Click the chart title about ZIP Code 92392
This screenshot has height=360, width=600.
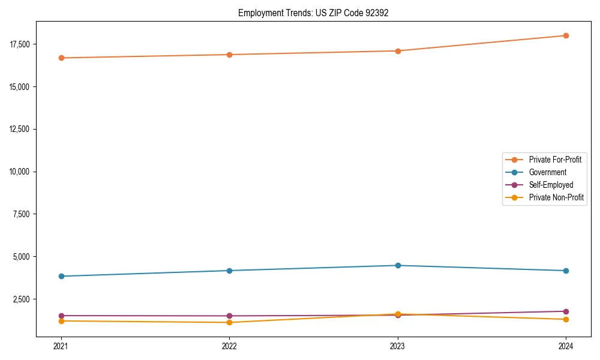313,13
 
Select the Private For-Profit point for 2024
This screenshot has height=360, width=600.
566,35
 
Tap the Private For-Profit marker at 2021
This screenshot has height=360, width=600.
61,58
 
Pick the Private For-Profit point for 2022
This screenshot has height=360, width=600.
229,55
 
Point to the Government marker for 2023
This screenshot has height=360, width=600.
398,265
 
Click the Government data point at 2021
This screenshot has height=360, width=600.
61,276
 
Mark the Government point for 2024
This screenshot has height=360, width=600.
566,271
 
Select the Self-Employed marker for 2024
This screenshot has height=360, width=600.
566,311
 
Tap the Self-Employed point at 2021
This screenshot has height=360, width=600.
61,316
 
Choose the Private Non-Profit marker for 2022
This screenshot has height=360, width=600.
229,322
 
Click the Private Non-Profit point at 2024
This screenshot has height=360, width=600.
566,319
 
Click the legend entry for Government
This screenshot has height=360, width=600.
547,172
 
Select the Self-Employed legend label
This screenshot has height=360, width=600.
551,185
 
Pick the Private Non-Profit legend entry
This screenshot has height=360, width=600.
556,197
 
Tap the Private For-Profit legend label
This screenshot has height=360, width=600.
555,160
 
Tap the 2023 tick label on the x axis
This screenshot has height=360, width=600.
398,346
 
